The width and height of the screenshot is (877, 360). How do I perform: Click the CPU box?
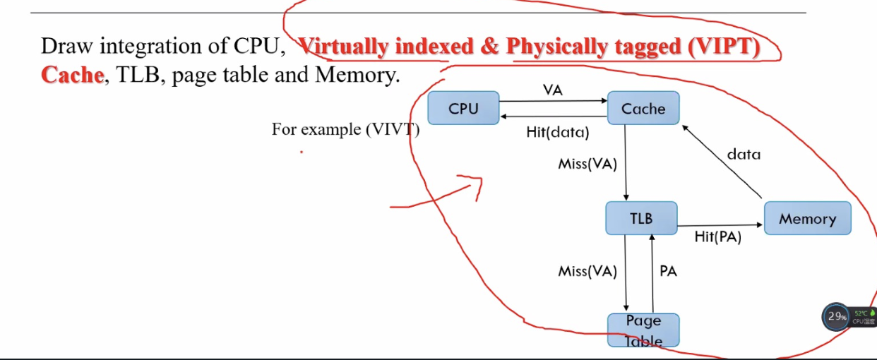[463, 108]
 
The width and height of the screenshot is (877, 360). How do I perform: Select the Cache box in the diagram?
[643, 108]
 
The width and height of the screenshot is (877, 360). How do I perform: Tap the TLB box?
[641, 218]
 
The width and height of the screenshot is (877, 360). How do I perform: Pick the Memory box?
[807, 218]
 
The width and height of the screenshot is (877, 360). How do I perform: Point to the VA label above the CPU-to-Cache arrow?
[553, 90]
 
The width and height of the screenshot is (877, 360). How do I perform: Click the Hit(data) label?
[557, 132]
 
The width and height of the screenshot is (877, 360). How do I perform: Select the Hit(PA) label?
[717, 237]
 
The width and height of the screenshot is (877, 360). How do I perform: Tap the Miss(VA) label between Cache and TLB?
[587, 164]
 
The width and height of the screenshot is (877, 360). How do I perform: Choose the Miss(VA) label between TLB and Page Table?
[587, 271]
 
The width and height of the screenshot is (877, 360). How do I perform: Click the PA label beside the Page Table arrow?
[668, 271]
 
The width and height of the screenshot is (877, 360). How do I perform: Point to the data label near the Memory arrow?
[744, 154]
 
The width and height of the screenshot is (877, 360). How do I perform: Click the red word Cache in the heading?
[72, 74]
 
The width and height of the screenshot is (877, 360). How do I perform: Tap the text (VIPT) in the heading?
[724, 47]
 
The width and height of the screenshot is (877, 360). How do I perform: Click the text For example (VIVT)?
[345, 130]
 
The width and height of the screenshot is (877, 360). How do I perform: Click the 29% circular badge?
[837, 317]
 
